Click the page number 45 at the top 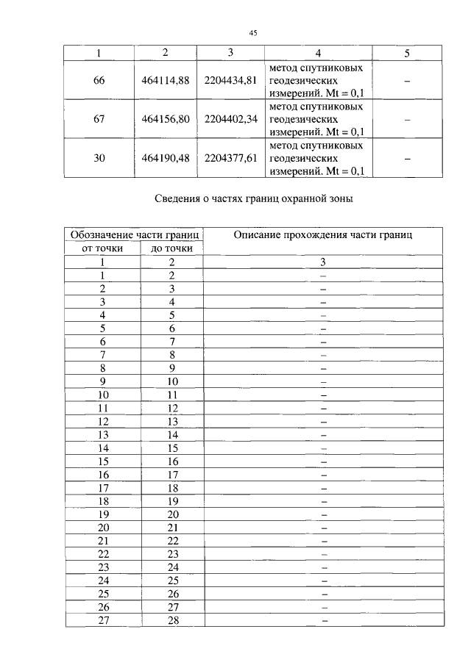(x=252, y=32)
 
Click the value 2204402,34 (x=230, y=120)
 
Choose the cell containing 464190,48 (x=165, y=158)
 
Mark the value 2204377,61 (x=230, y=158)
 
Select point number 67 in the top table (x=99, y=120)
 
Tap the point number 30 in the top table (x=99, y=158)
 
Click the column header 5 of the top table (x=407, y=53)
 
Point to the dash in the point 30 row (x=407, y=158)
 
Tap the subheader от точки (x=102, y=248)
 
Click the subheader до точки (x=171, y=248)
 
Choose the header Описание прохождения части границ (x=322, y=235)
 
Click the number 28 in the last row (x=172, y=620)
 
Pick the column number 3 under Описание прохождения (x=322, y=262)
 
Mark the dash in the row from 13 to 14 (x=322, y=435)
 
